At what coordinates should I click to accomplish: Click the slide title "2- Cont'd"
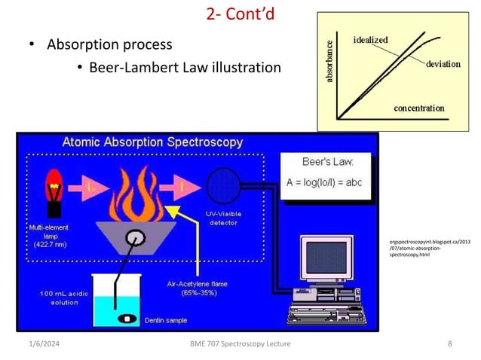(241, 14)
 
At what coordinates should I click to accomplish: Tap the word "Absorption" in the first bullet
(80, 44)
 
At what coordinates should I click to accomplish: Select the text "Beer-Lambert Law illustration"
(185, 68)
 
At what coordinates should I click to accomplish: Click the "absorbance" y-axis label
(329, 62)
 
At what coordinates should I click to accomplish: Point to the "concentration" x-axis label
(418, 108)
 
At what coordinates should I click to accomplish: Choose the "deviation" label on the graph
(443, 64)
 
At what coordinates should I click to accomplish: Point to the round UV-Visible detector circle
(223, 184)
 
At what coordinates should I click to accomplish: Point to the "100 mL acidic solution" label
(60, 297)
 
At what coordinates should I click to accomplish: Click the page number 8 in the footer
(449, 344)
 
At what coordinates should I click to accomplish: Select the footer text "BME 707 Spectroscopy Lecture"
(240, 344)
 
